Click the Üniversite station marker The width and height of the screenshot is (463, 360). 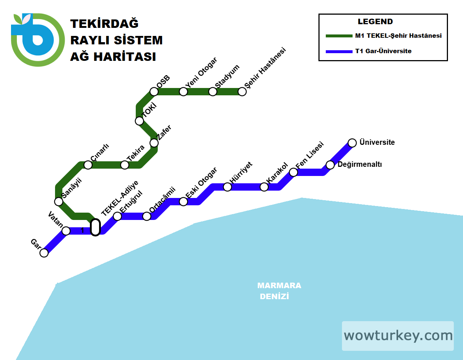352,143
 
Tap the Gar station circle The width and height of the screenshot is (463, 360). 44,253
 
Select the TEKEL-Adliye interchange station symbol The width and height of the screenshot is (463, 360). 95,227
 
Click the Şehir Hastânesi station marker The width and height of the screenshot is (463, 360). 242,92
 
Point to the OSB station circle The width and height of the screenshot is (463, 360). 154,92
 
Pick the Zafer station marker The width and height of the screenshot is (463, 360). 154,143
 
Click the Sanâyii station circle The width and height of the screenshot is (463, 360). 59,202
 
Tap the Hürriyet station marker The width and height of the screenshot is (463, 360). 227,187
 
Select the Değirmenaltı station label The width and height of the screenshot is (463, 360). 360,164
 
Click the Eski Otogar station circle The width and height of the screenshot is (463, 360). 183,202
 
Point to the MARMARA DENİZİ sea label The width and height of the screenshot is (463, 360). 279,291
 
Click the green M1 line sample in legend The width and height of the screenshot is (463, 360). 339,36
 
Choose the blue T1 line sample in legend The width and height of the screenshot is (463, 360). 339,51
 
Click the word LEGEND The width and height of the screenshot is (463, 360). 375,22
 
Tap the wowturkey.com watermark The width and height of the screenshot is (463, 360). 398,336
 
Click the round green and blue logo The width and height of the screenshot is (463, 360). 37,40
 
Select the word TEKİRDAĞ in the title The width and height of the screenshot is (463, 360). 105,24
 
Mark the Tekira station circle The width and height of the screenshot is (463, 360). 125,165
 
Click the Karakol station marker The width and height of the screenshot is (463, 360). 264,187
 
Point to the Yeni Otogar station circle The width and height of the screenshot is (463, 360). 183,92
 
